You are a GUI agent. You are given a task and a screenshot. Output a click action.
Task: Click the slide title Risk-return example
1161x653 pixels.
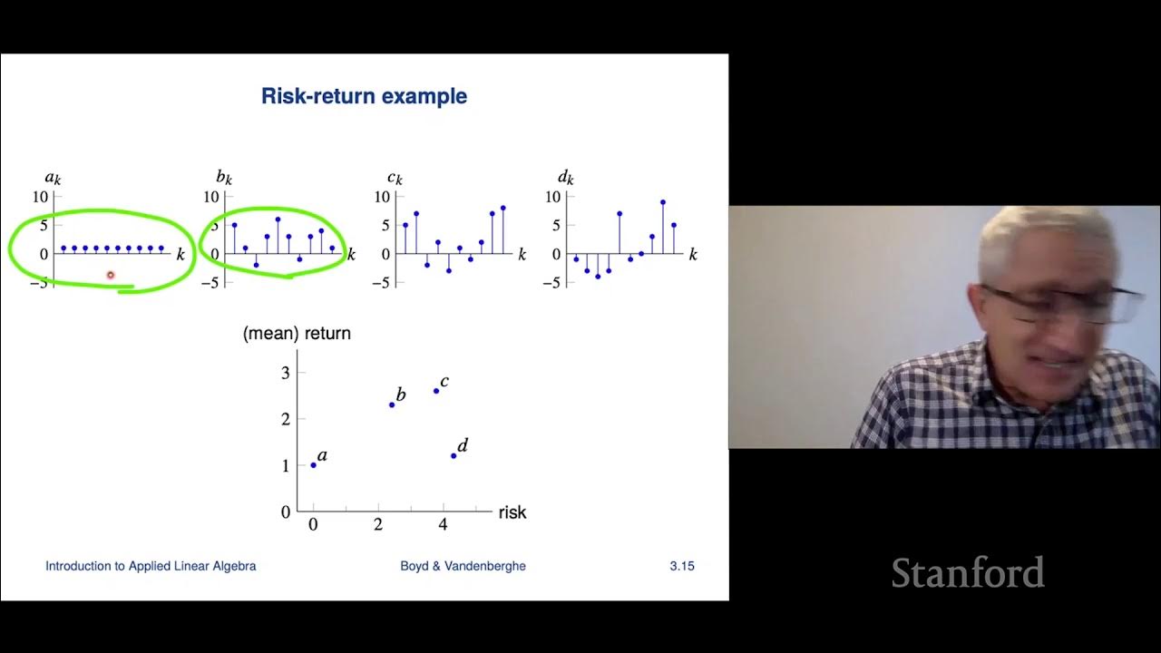pos(364,96)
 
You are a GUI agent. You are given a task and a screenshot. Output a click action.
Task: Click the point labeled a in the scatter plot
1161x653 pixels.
pos(314,465)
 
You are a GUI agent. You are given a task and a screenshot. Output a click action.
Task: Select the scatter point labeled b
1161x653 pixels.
pos(392,404)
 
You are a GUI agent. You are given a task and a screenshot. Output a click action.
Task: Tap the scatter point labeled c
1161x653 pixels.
pos(436,391)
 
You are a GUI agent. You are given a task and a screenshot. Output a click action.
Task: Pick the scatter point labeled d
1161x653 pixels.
pos(454,455)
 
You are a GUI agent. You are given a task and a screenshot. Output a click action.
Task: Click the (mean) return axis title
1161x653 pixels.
pos(297,334)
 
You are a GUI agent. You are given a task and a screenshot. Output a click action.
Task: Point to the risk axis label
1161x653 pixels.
pos(512,512)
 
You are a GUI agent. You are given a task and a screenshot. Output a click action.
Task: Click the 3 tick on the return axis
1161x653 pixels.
pos(285,372)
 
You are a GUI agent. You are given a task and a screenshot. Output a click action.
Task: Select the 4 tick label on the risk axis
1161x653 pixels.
pos(443,524)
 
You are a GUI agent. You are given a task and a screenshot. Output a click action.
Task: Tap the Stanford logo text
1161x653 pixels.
pos(967,573)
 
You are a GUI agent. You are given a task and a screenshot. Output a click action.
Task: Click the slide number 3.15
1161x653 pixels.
pos(682,566)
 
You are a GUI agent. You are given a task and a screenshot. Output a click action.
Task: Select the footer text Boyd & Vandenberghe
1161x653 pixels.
pos(463,566)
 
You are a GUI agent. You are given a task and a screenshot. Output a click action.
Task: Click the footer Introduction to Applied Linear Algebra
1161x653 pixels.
pos(151,566)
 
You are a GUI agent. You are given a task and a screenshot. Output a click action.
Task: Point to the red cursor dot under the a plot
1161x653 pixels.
pos(111,275)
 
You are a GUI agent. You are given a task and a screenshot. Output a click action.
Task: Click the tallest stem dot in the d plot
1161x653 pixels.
pos(663,202)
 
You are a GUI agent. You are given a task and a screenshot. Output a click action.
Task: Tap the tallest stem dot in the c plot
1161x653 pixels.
pos(502,208)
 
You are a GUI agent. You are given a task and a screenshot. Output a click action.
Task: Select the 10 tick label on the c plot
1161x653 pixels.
pos(382,197)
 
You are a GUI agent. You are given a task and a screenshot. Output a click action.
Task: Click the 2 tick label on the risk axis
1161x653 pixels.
pos(378,524)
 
